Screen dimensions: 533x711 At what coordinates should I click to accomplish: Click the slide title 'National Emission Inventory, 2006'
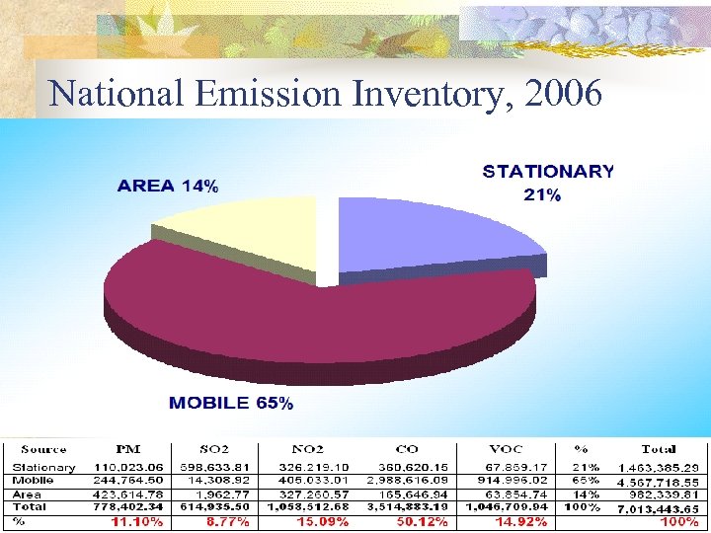tap(325, 93)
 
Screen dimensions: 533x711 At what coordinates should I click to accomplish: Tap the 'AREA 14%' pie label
tap(168, 185)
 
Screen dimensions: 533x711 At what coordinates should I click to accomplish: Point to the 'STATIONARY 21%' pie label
tap(548, 183)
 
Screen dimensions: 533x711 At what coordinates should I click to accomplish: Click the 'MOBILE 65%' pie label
tap(231, 403)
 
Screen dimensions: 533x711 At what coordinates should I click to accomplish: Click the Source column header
tap(43, 449)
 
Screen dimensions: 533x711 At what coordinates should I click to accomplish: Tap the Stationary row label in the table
tap(43, 467)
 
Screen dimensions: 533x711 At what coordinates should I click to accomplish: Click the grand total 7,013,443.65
tap(658, 507)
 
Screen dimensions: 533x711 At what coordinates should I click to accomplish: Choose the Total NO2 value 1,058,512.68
tap(308, 506)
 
